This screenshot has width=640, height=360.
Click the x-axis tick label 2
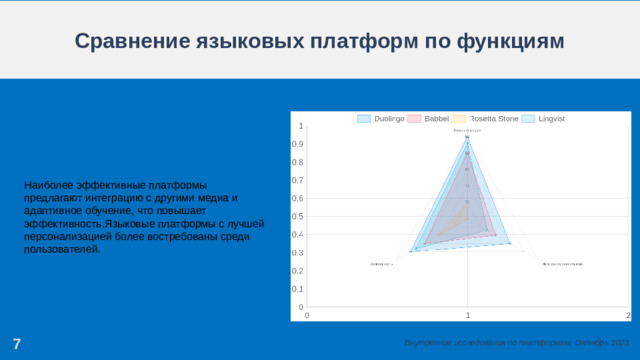pyautogui.click(x=628, y=315)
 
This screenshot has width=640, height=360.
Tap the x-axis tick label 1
pyautogui.click(x=467, y=315)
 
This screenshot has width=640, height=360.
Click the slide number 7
pyautogui.click(x=16, y=345)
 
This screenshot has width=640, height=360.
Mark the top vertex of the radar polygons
pyautogui.click(x=467, y=137)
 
